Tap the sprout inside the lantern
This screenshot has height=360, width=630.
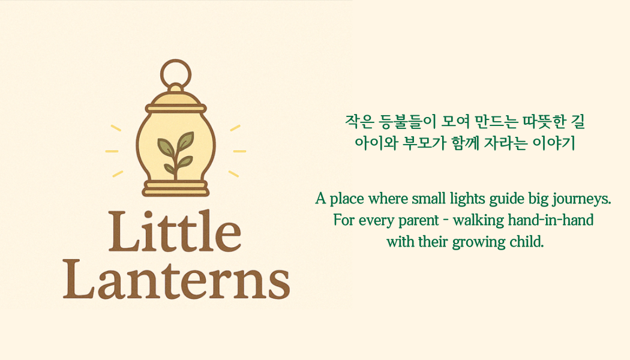[176, 155]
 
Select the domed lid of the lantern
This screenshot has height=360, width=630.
[176, 99]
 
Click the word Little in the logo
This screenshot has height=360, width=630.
[175, 231]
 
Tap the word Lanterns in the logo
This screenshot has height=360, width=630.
[176, 279]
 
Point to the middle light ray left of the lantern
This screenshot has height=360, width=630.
[112, 151]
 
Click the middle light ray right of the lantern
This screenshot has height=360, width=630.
[239, 151]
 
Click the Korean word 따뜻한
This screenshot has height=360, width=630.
[544, 122]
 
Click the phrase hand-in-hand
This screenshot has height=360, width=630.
[550, 220]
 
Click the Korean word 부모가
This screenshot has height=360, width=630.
[424, 143]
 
